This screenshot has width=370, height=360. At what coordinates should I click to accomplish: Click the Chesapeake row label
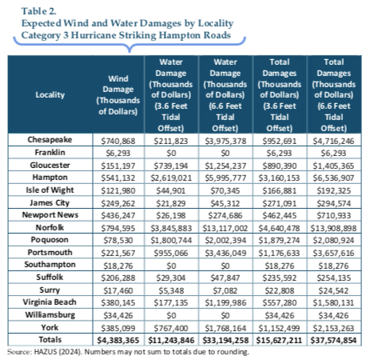[50, 140]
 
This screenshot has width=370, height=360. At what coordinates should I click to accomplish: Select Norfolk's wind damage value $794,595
[118, 228]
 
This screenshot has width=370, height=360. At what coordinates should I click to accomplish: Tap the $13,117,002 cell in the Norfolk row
[225, 228]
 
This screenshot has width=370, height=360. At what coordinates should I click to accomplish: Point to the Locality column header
[50, 95]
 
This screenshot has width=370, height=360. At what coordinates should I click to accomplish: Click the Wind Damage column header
[118, 95]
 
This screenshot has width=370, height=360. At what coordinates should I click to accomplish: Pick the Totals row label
[50, 340]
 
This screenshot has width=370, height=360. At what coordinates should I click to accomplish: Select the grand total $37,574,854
[333, 341]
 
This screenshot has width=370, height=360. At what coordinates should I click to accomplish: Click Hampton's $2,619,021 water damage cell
[171, 178]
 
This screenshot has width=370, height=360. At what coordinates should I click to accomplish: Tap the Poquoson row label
[50, 240]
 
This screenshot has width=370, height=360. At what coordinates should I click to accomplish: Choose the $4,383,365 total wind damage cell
[118, 341]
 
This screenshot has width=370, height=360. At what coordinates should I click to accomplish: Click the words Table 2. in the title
[39, 11]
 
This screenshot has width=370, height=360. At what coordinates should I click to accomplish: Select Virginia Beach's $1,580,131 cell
[333, 303]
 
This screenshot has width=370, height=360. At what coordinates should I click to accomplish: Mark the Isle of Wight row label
[50, 190]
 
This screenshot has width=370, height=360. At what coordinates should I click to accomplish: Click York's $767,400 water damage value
[171, 328]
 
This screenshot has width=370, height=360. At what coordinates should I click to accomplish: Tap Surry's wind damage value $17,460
[118, 290]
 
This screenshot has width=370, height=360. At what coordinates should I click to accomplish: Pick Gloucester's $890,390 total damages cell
[280, 166]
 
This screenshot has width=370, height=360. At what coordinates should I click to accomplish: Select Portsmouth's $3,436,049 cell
[225, 253]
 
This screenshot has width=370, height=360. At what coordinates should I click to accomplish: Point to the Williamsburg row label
[50, 315]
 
